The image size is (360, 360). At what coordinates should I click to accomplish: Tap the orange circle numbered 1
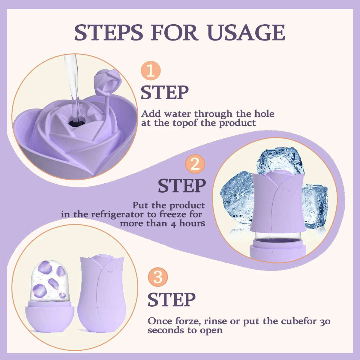[x=151, y=71]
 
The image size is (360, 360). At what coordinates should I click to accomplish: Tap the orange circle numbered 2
[x=195, y=164]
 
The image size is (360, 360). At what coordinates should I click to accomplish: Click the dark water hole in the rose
[x=77, y=122]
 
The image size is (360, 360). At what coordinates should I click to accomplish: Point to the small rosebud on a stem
[x=103, y=79]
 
